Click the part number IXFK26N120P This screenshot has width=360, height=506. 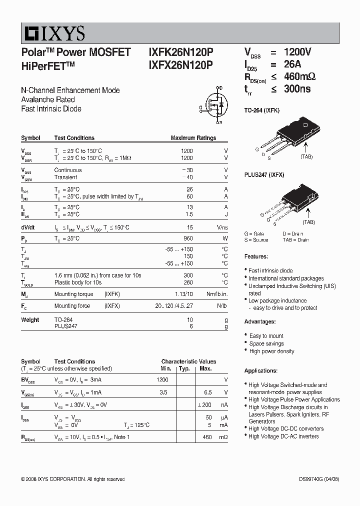click(x=180, y=52)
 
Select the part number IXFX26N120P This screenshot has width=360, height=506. click(x=180, y=64)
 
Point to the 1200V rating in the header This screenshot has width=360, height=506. click(x=297, y=52)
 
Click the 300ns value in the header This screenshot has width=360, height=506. click(x=297, y=89)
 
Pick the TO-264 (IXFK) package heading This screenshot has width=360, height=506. click(x=261, y=110)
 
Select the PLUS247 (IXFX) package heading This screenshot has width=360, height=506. click(x=264, y=175)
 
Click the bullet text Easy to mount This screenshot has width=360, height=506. click(x=266, y=336)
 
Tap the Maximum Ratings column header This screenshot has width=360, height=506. click(x=193, y=138)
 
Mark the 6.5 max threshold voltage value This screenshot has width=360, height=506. click(x=208, y=392)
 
